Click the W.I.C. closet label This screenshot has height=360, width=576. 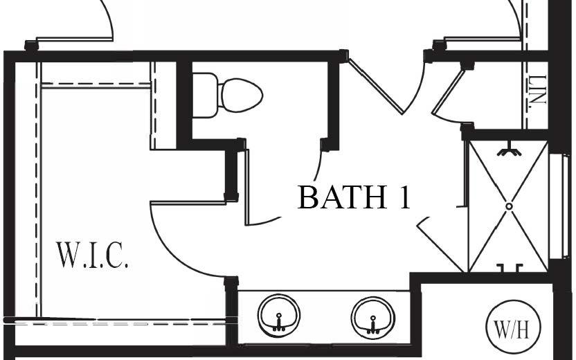click(92, 255)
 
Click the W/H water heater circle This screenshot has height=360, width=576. click(511, 327)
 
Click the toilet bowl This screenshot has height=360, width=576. click(240, 94)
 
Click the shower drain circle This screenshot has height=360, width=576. click(509, 206)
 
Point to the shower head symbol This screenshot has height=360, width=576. click(510, 147)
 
